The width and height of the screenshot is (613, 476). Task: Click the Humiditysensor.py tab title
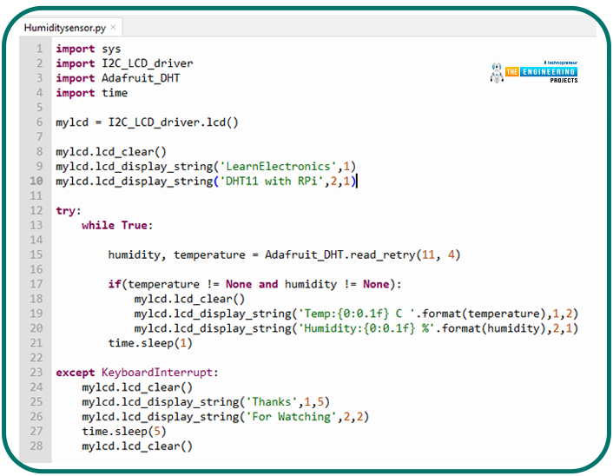point(65,28)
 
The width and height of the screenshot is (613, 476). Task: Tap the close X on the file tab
point(113,27)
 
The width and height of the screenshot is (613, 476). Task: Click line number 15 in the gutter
point(36,255)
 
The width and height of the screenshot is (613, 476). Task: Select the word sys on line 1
point(111,50)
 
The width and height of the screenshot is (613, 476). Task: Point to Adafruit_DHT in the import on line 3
point(141,78)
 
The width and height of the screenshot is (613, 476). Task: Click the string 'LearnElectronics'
point(279,167)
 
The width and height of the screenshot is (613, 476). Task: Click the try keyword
point(66,211)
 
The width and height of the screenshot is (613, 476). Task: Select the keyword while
point(98,225)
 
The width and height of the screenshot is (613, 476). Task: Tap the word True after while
point(135,225)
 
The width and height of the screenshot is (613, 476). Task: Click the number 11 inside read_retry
point(428,255)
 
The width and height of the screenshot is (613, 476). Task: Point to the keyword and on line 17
point(268,284)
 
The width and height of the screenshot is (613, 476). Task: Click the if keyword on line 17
point(115,284)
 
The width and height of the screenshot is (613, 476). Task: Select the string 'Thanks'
point(271,402)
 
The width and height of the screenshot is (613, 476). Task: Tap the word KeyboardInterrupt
point(157,373)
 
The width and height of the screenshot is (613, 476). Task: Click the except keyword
point(76,373)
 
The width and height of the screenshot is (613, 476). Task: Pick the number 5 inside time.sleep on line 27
point(157,432)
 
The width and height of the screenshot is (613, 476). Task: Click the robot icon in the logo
point(497,73)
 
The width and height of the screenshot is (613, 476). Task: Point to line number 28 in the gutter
point(36,446)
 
